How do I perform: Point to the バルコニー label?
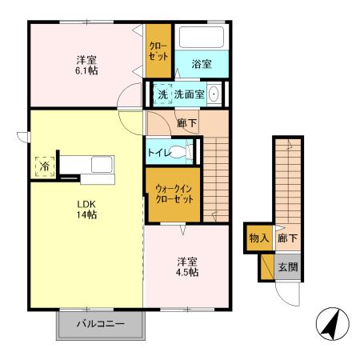coord(101,325)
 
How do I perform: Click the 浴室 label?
coord(202,64)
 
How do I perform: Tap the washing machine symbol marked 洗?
coord(162,94)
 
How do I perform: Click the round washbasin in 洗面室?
coord(214,94)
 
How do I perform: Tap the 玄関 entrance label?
coord(287,266)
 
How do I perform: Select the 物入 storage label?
coord(258,238)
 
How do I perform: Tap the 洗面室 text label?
coord(190,94)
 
